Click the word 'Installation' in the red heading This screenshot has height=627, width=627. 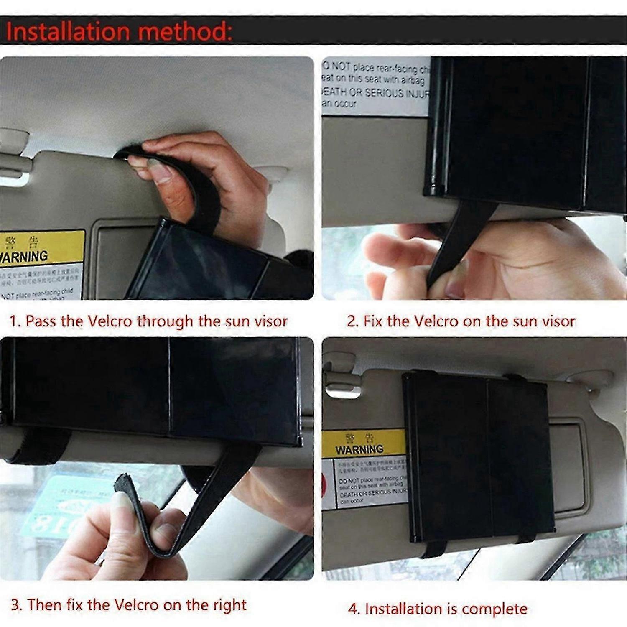69,32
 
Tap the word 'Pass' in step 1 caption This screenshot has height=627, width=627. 41,321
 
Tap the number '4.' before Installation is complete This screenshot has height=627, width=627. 354,609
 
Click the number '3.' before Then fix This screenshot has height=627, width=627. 17,605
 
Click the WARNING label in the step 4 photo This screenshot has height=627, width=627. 359,449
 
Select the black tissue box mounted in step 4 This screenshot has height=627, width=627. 477,456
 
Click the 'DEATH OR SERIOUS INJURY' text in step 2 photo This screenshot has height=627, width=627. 374,93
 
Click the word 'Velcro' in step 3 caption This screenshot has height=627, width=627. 136,605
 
